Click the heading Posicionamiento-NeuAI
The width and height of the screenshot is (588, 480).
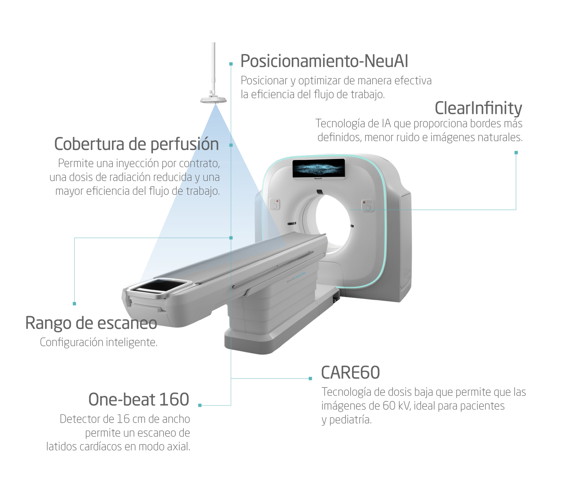324,61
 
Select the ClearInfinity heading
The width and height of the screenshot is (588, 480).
478,108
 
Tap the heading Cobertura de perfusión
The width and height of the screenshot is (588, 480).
136,144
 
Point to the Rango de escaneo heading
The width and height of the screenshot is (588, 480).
91,323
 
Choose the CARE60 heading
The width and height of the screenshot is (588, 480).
351,372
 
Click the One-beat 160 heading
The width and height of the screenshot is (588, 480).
139,400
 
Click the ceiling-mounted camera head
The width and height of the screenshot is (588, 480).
213,99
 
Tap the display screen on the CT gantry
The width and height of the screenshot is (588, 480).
318,168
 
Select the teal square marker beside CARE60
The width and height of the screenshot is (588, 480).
310,379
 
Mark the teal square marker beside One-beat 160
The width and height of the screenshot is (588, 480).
200,405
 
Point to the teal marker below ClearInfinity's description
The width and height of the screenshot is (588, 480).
516,153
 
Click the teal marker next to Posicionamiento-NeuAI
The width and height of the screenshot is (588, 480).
231,64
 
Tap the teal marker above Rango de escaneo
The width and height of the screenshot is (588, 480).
75,304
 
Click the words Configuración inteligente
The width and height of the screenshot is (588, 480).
99,342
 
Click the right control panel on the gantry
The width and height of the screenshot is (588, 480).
367,205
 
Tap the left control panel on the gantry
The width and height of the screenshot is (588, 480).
275,204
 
